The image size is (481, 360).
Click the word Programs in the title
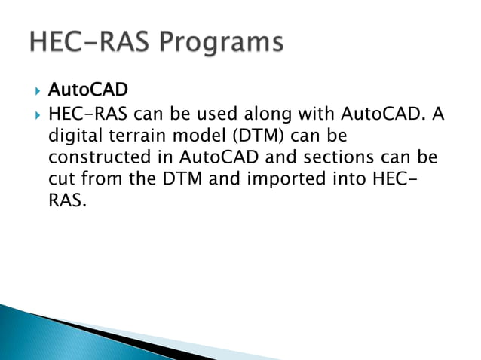click(221, 42)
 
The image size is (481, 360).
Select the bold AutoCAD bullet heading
click(87, 91)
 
